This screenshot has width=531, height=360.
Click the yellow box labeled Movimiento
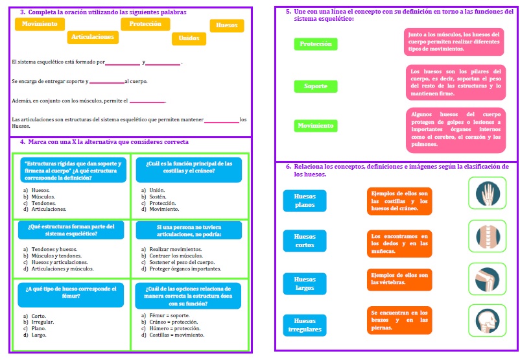tap(39, 24)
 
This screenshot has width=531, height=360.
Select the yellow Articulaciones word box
tap(93, 38)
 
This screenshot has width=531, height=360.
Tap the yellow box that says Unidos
tap(189, 38)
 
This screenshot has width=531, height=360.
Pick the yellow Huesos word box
tap(226, 25)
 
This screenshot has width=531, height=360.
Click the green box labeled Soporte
tap(316, 86)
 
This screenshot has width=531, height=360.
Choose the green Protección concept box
tap(316, 44)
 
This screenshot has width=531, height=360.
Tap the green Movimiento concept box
tap(316, 126)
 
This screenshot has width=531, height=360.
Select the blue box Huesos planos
tap(305, 200)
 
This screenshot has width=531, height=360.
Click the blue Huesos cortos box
tap(305, 241)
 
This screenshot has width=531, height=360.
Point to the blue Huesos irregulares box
tap(305, 325)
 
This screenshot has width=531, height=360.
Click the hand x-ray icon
tap(486, 193)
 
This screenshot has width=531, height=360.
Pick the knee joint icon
tap(486, 280)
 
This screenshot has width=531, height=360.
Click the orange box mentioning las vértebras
tap(399, 279)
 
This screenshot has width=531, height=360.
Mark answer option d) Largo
tap(39, 335)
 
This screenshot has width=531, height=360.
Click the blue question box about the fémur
tap(70, 293)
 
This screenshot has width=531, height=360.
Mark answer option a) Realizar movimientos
tap(171, 249)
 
